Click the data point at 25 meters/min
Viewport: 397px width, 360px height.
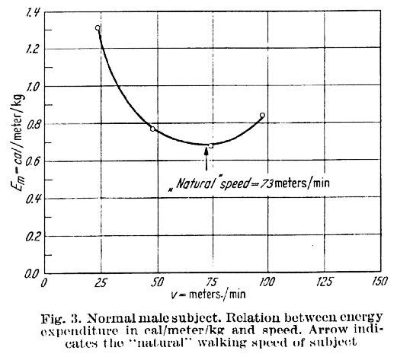(x=98, y=28)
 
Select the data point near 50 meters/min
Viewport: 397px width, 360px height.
(x=153, y=129)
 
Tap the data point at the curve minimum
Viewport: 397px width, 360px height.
(x=210, y=145)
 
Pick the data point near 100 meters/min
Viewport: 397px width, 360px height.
(x=263, y=116)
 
